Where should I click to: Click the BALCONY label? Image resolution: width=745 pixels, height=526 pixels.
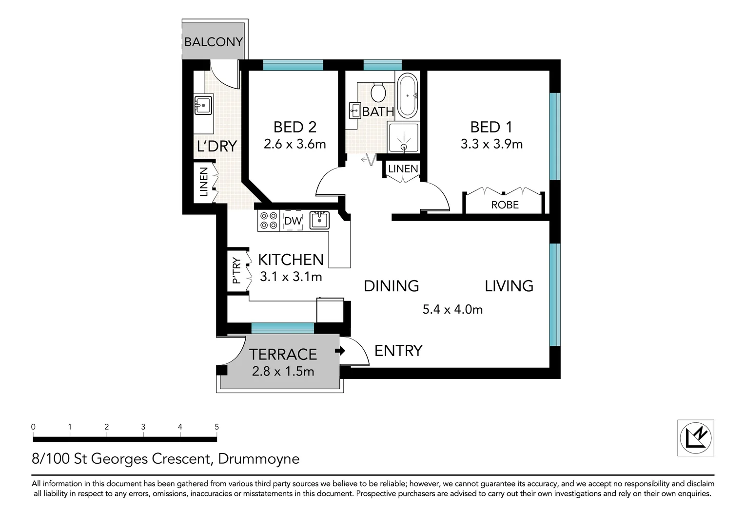tap(213, 42)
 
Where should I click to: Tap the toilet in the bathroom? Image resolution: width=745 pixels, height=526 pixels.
tap(378, 92)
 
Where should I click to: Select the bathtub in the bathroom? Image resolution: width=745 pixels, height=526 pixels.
tap(407, 96)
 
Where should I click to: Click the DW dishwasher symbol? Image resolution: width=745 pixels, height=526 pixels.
tap(293, 221)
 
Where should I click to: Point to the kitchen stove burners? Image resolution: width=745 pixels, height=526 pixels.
tap(268, 221)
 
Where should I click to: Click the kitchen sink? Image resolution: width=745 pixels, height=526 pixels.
tap(319, 220)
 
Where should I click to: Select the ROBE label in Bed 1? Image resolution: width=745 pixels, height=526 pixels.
tap(505, 205)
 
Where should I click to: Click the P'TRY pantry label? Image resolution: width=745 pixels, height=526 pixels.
tap(236, 270)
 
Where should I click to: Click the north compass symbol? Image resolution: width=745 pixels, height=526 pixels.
tap(696, 437)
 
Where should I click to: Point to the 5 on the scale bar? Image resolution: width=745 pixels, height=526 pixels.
tap(216, 427)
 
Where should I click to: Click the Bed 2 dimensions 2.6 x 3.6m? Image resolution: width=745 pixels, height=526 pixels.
tap(294, 144)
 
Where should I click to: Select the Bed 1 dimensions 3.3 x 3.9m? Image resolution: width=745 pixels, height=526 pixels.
tap(491, 144)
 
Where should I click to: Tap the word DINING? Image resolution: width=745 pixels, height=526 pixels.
tap(392, 286)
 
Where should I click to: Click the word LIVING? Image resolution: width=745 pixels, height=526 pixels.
tap(509, 286)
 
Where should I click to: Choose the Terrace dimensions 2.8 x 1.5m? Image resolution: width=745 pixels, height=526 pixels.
tap(283, 372)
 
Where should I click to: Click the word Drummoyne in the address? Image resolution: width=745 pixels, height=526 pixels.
tap(259, 459)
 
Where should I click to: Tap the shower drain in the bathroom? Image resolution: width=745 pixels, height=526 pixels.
tap(403, 146)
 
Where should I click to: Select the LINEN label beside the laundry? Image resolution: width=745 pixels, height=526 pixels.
tap(204, 182)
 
